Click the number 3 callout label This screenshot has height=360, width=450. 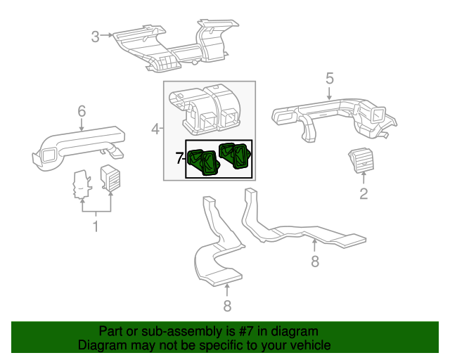pos(96,36)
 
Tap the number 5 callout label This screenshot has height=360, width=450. pos(329,79)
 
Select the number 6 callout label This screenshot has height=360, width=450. pos(82,111)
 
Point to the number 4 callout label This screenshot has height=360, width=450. pos(155,129)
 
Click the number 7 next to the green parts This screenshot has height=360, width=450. pos(179,158)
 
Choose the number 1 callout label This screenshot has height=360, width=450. pos(96,226)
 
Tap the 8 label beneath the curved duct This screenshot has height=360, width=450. pos(226,305)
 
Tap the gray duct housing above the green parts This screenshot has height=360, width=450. pos(209,109)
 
